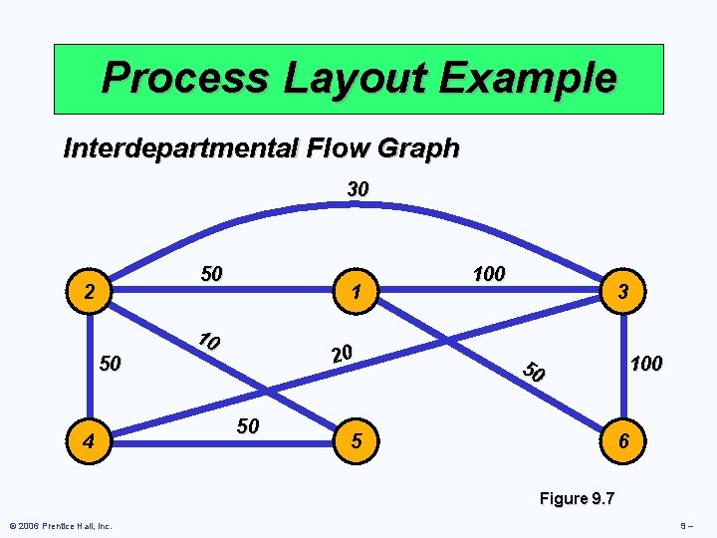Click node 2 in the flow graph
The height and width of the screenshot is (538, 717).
90,294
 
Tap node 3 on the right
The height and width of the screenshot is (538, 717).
621,293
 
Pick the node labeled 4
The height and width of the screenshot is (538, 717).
90,439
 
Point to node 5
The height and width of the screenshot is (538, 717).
357,439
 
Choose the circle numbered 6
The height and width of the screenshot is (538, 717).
622,439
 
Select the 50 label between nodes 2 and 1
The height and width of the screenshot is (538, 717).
211,274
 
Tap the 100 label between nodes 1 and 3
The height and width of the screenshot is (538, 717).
488,273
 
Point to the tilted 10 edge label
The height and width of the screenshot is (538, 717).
208,341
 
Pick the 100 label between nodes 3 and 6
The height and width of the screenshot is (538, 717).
645,364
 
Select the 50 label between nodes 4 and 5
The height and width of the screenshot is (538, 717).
248,426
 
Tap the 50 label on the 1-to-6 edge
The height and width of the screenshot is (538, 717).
535,373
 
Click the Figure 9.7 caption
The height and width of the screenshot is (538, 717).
577,498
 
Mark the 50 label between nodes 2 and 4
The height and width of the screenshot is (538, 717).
110,364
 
